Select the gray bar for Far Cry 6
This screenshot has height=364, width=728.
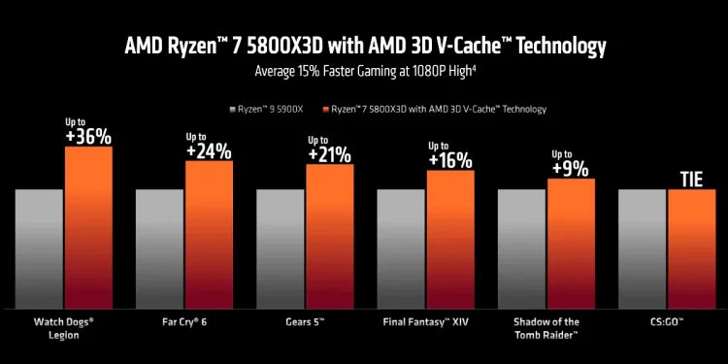click(159, 248)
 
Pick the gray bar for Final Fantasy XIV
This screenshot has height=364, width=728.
click(401, 248)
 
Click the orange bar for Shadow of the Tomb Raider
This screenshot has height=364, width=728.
click(571, 243)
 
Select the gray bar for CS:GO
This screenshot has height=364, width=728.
click(642, 248)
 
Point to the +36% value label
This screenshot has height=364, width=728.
click(88, 137)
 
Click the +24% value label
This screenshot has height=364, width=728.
click(209, 150)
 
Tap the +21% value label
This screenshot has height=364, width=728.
click(330, 154)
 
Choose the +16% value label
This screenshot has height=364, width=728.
click(450, 160)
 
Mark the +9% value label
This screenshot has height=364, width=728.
click(571, 168)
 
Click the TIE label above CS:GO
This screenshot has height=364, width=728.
click(691, 179)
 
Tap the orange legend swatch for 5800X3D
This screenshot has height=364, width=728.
click(325, 110)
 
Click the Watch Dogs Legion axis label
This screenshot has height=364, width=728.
click(63, 325)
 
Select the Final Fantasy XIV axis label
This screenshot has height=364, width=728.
click(428, 319)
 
